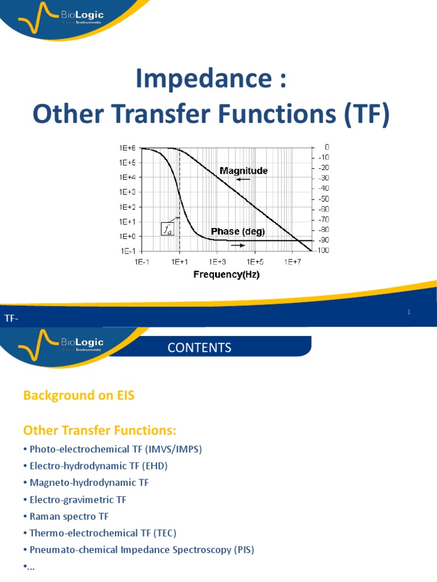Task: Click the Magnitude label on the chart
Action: [244, 170]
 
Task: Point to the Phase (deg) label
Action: [237, 231]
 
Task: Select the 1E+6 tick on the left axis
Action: [127, 148]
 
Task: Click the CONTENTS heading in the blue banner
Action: [199, 348]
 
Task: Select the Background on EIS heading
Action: [79, 396]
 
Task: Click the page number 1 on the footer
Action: [409, 312]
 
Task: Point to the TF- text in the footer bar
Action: [12, 319]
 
